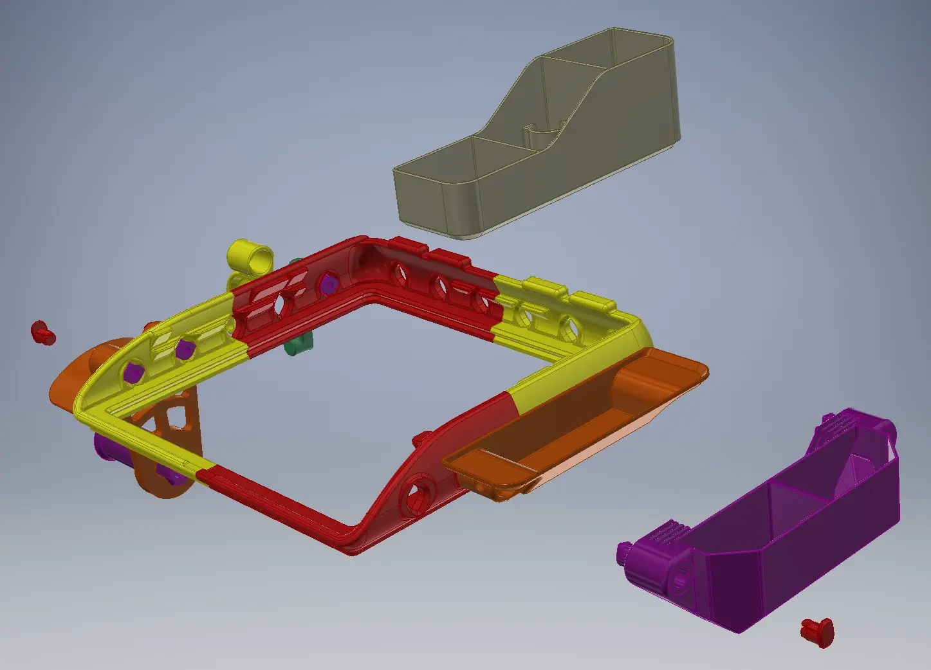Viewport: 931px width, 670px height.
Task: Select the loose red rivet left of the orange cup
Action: click(43, 332)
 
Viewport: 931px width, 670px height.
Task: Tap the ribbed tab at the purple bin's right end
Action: click(836, 422)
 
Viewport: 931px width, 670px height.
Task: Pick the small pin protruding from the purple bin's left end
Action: click(623, 552)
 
